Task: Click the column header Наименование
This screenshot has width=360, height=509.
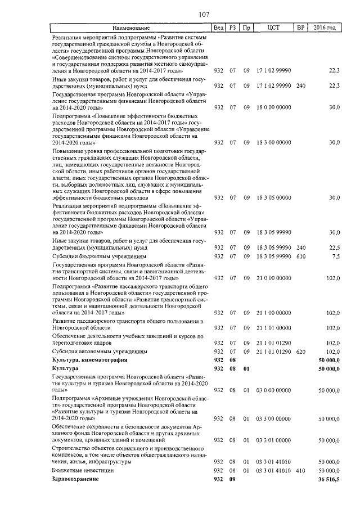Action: tap(130, 28)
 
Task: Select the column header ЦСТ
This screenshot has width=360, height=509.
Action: tap(274, 28)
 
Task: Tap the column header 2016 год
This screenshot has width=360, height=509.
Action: tap(325, 28)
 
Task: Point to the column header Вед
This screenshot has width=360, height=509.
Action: tap(219, 28)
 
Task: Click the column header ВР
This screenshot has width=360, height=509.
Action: tap(300, 28)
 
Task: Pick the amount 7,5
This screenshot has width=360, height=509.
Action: tap(336, 256)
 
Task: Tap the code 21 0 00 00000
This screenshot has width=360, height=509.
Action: tap(274, 278)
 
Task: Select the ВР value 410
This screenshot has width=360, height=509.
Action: tap(300, 470)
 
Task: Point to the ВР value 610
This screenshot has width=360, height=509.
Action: tap(300, 256)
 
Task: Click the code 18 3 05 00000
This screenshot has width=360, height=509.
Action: tap(274, 197)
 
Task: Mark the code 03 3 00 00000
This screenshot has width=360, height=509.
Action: tap(274, 418)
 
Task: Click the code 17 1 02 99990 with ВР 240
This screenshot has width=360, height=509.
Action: tap(274, 85)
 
